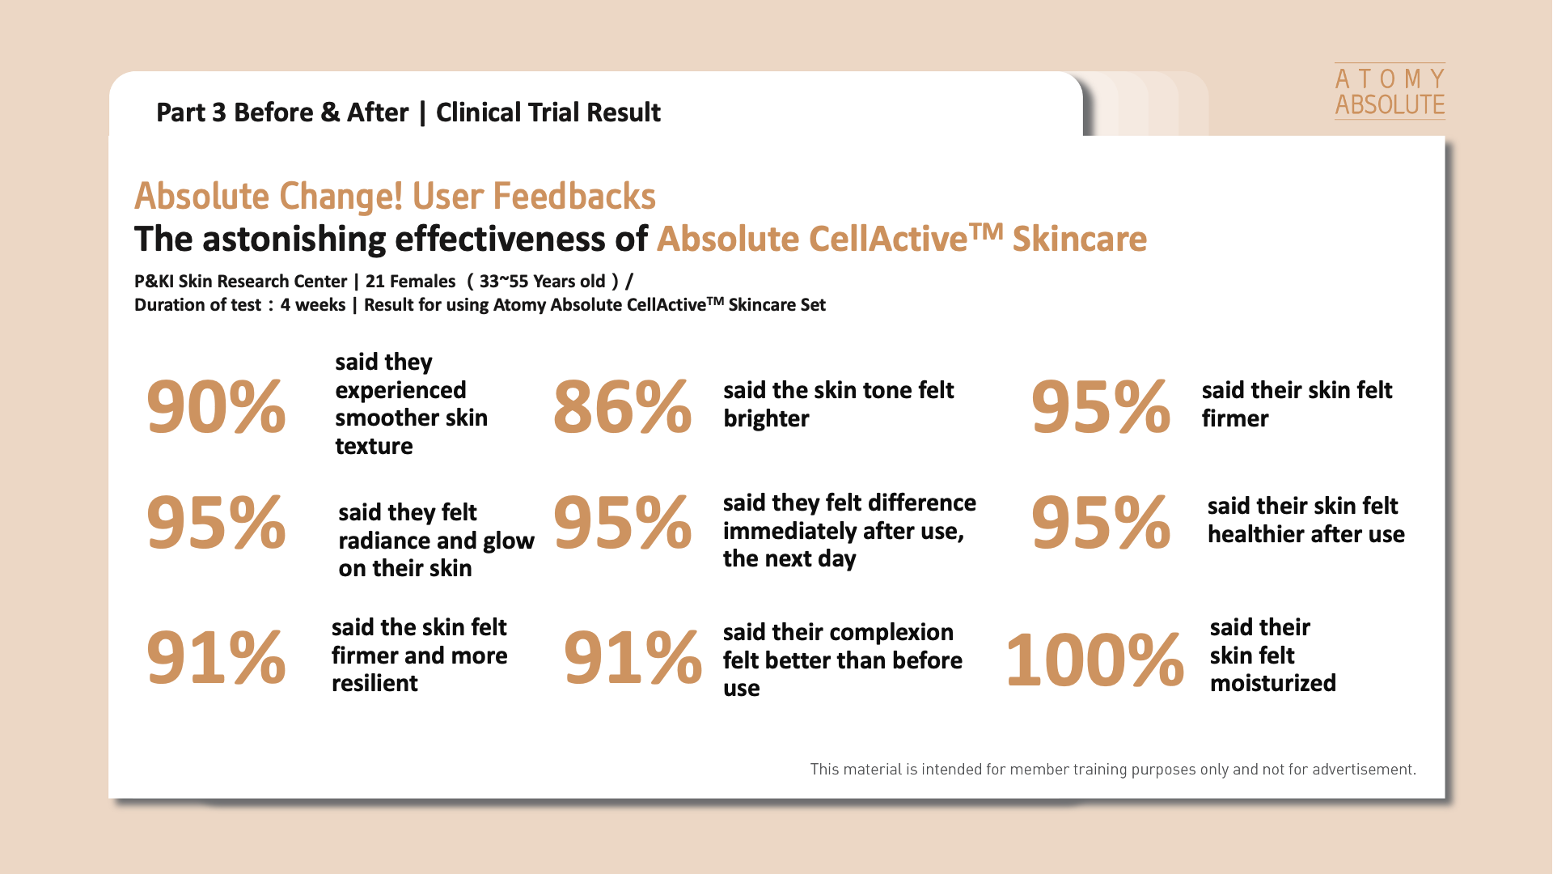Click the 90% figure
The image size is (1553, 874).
(x=216, y=406)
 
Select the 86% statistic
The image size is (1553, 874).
(x=622, y=406)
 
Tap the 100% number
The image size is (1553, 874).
(x=1094, y=660)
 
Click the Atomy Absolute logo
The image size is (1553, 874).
(x=1390, y=91)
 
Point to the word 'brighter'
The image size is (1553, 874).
(x=766, y=418)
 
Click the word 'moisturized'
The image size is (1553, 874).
(x=1272, y=683)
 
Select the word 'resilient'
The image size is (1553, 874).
(x=374, y=683)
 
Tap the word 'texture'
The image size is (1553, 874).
(x=374, y=446)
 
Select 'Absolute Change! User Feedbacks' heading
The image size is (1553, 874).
(x=395, y=196)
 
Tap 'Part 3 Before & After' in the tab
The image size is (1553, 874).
(x=282, y=112)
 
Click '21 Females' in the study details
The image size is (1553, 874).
(x=410, y=281)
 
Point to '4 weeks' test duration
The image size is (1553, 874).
(x=313, y=305)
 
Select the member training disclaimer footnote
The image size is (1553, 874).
(x=1113, y=769)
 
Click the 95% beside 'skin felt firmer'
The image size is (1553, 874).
(x=1101, y=406)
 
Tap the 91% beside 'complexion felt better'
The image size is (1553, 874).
(x=633, y=657)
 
